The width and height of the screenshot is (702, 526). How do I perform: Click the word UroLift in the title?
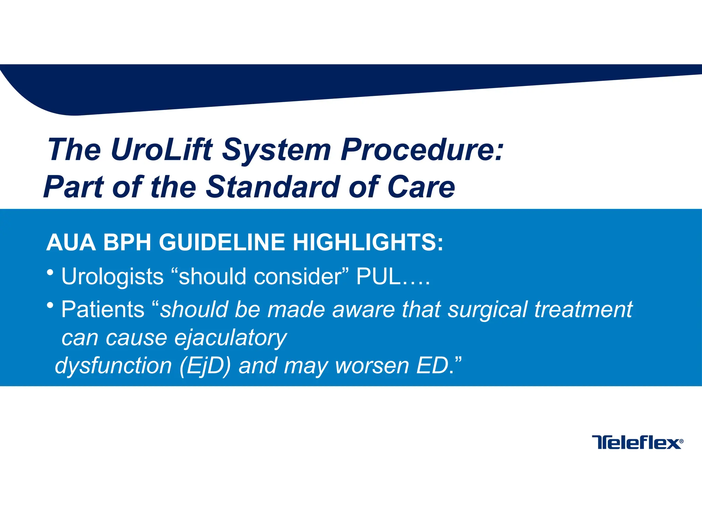tap(161, 150)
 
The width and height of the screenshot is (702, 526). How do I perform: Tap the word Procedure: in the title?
tap(422, 150)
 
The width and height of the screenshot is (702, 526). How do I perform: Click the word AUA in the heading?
tap(71, 242)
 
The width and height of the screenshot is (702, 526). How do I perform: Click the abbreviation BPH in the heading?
tap(127, 242)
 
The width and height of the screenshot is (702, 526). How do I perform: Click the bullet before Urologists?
tap(50, 273)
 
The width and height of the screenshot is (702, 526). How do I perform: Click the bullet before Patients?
tap(50, 305)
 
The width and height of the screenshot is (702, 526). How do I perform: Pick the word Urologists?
tap(112, 277)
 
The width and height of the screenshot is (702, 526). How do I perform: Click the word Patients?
tap(103, 309)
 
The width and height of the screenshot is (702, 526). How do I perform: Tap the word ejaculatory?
tap(230, 338)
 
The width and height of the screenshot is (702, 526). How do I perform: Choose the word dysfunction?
tap(113, 366)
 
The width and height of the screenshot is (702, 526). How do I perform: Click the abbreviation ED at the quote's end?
tap(433, 365)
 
